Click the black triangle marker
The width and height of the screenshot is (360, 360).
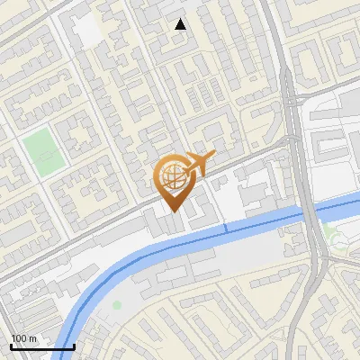click(x=181, y=24)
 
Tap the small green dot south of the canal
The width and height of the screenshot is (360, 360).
click(x=117, y=305)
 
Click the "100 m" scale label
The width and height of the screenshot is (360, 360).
click(x=23, y=338)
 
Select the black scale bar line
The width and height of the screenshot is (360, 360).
click(x=42, y=346)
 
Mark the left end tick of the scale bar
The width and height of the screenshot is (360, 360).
click(x=11, y=346)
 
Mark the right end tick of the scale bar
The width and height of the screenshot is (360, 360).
click(x=74, y=346)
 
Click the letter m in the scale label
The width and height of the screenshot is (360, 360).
click(x=32, y=338)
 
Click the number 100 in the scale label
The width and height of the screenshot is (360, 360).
click(x=19, y=338)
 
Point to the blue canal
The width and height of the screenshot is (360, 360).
click(x=225, y=229)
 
